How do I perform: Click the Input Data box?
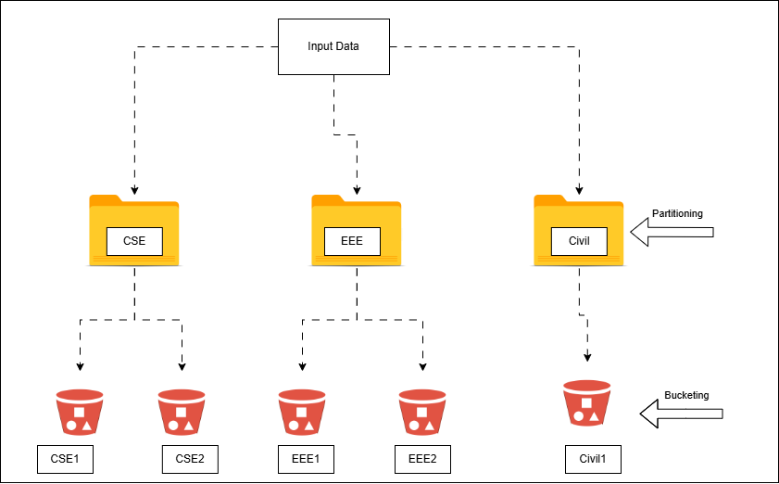333,46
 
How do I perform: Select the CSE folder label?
134,242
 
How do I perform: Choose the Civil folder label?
579,242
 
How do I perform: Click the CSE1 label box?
66,458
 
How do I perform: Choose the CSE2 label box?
190,458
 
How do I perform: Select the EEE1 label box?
307,458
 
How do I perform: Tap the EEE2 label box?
422,458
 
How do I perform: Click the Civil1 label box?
593,458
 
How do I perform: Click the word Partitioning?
677,213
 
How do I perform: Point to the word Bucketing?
686,395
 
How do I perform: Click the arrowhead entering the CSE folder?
134,190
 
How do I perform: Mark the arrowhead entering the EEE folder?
357,190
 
